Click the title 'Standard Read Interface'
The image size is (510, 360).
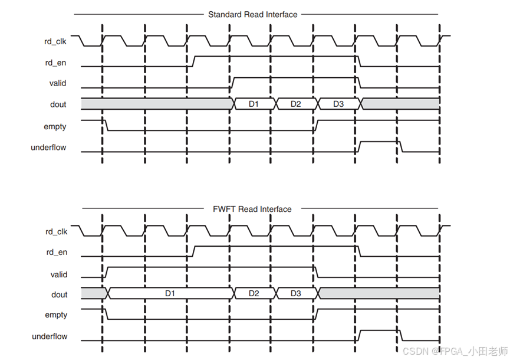[x=252, y=14]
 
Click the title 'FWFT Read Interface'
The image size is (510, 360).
[x=252, y=209]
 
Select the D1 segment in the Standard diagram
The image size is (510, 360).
[x=254, y=104]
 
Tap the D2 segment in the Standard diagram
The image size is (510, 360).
[x=296, y=104]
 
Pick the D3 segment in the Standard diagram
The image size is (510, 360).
[x=338, y=104]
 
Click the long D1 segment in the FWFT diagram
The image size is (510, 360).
[x=170, y=293]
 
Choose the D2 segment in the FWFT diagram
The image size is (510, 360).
[x=254, y=293]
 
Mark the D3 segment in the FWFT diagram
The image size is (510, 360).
[x=296, y=293]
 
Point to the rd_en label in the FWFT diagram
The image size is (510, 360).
[x=57, y=253]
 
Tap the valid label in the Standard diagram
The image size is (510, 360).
[x=58, y=83]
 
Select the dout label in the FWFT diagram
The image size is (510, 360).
[x=59, y=294]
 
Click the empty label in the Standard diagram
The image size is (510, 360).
[x=55, y=126]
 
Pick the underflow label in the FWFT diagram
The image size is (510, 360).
[x=50, y=336]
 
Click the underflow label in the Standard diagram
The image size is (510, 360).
[x=48, y=148]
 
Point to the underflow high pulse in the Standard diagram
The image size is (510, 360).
[x=379, y=142]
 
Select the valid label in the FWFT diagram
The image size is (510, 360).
[x=58, y=274]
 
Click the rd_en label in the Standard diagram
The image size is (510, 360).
[x=55, y=63]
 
